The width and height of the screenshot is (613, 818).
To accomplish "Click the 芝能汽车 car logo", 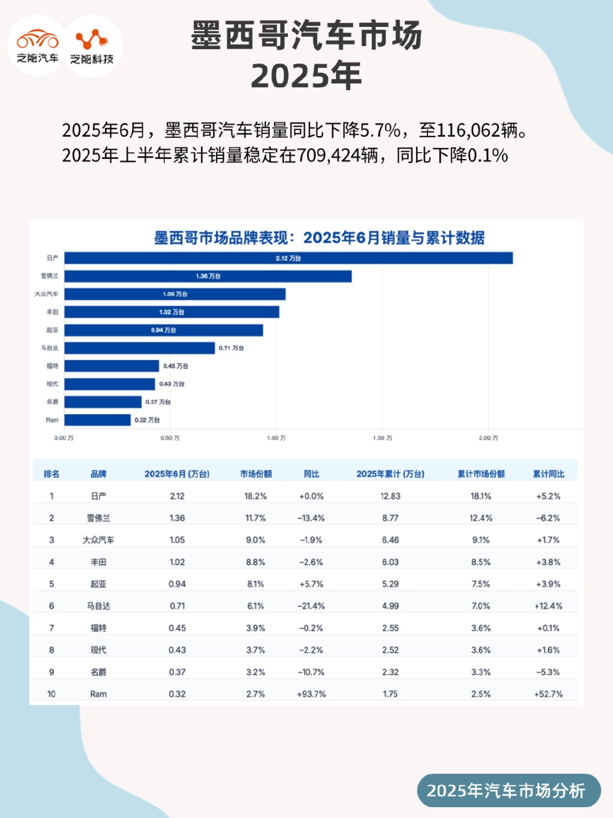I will [37, 45].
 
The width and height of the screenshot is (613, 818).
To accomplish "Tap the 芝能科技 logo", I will [92, 46].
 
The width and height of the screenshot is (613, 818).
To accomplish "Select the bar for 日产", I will [289, 258].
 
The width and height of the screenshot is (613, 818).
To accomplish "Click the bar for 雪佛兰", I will [208, 276].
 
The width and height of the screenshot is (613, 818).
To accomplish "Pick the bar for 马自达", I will [139, 348].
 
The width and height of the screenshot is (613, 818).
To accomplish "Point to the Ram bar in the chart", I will [98, 420].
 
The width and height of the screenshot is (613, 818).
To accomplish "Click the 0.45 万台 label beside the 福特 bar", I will [175, 366].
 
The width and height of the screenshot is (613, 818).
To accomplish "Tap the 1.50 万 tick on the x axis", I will [383, 438].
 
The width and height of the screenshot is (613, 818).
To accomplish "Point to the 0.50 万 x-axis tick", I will [170, 438].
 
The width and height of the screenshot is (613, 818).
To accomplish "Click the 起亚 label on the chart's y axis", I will [53, 330].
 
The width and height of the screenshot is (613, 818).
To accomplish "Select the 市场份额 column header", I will [256, 474].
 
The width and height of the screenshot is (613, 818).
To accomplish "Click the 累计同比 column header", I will [548, 474].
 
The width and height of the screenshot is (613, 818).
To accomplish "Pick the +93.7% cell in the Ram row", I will [311, 694].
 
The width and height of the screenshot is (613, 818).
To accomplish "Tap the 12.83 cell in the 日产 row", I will [390, 496].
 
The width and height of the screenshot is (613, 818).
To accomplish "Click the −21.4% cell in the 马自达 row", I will [311, 606].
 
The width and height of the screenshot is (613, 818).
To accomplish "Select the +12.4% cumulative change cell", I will [548, 606].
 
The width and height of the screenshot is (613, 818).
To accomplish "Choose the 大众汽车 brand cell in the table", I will [98, 540].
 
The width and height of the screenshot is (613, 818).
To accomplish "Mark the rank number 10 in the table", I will [51, 694].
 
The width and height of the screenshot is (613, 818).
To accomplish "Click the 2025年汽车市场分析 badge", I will [506, 790].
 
